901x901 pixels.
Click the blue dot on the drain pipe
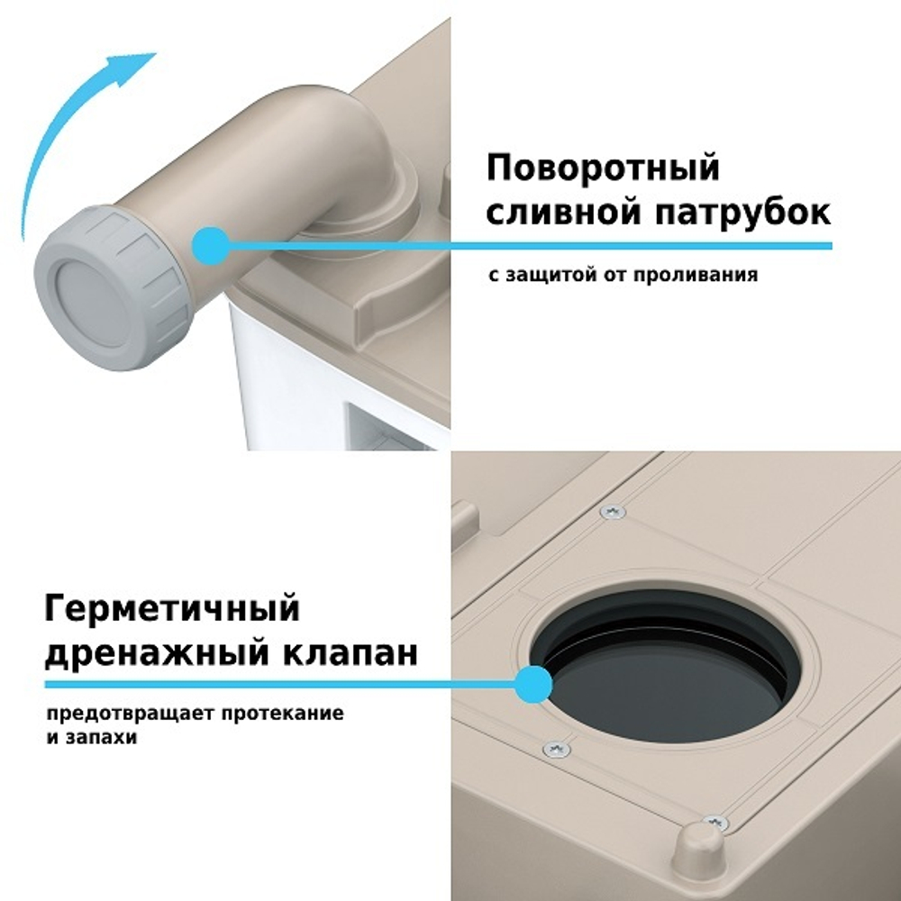[212, 245]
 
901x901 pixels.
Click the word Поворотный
[603, 168]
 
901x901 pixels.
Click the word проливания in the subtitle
[706, 274]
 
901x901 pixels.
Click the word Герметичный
[171, 609]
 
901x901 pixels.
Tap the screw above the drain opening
[614, 512]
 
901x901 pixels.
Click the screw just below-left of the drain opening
[556, 749]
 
